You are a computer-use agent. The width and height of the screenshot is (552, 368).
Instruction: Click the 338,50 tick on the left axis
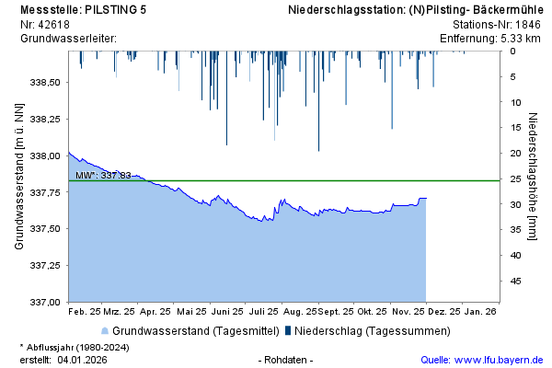[46, 83]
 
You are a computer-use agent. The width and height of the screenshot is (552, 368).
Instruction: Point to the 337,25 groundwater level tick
[46, 265]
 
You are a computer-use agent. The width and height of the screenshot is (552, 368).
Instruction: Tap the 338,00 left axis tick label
[46, 155]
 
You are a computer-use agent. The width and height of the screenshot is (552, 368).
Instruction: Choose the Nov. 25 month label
[408, 312]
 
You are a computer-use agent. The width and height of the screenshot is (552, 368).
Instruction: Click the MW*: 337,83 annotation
[103, 175]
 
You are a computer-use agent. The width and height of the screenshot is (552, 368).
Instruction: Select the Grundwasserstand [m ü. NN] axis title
[19, 177]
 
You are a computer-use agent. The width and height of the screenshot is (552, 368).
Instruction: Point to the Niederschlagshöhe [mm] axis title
[534, 177]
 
